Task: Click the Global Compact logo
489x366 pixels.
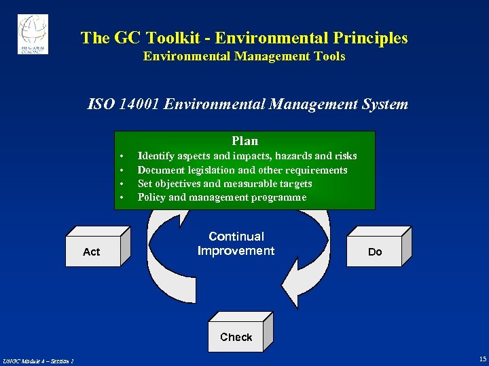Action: [33, 34]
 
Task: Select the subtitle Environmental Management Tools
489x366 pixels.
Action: [244, 56]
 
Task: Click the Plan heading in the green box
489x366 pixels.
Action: [244, 141]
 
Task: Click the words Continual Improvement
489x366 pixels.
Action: [236, 243]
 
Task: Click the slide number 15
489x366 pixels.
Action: [482, 359]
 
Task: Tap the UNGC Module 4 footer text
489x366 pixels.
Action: [38, 360]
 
